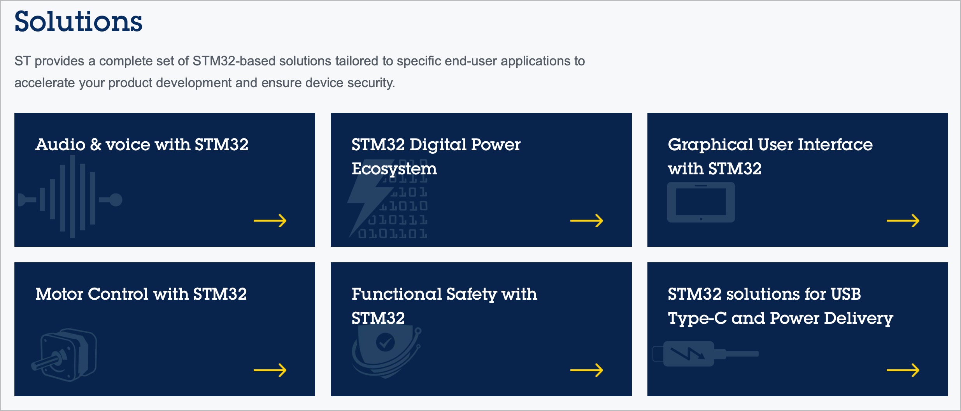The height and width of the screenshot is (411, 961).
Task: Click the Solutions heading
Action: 78,22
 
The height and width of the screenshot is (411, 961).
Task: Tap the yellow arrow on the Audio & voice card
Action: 270,221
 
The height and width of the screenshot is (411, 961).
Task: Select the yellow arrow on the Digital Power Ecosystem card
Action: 586,221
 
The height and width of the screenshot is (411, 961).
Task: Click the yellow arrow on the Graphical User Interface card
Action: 903,221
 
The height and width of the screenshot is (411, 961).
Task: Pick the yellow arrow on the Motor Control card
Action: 270,370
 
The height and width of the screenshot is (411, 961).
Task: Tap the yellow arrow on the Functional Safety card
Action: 586,370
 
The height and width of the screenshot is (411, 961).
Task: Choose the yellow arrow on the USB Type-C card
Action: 903,370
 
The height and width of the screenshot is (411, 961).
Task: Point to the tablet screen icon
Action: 701,202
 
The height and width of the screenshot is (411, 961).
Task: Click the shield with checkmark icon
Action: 386,350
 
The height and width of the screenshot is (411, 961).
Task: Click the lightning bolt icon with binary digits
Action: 388,206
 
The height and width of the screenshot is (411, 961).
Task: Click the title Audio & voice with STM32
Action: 142,145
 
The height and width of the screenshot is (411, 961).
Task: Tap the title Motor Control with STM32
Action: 141,294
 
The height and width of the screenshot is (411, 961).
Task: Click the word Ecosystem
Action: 394,169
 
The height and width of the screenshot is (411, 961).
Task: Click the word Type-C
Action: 697,318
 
